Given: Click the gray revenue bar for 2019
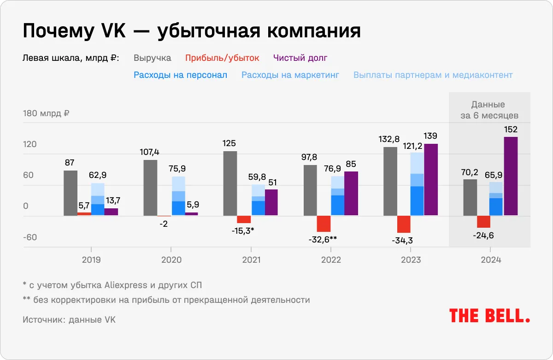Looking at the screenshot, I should [71, 193].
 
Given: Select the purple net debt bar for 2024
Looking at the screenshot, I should [511, 176].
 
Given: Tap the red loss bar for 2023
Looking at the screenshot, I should [404, 224].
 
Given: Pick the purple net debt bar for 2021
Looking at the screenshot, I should [271, 202].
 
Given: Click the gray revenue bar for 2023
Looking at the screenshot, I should [390, 181].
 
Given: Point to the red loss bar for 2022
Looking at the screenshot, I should [324, 224].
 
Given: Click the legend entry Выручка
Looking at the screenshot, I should [153, 58].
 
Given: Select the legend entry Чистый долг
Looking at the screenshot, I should [300, 58].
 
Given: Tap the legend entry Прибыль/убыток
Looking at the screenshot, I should [222, 58].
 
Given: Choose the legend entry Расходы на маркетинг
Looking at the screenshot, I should [290, 75].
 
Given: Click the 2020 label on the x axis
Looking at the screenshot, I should [171, 260].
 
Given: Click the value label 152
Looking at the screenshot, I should [511, 130].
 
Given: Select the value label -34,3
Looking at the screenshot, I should [403, 240].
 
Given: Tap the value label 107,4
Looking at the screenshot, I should [151, 152].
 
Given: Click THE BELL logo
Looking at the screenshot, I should [489, 315].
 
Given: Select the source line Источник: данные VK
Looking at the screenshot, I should [69, 319].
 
